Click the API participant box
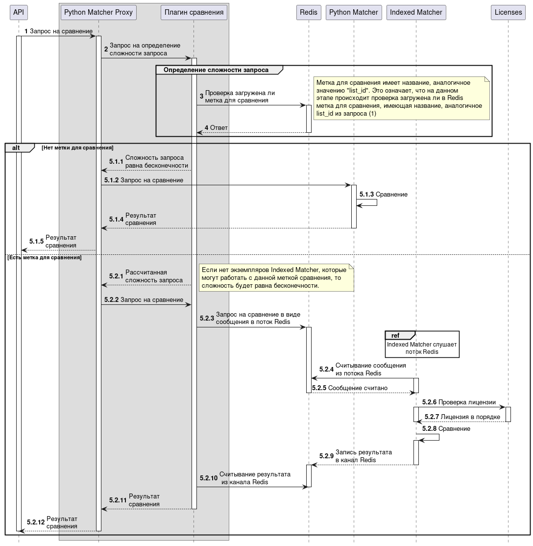19,12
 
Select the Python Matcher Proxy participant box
98,12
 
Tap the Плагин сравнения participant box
194,12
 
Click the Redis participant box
309,12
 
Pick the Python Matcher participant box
354,12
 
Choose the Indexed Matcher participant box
416,12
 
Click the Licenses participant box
508,12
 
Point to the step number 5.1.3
366,195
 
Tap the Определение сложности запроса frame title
216,70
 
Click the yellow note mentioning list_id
402,98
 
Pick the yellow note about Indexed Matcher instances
276,278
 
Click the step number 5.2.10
208,478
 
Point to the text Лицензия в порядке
470,417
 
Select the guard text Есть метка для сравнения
45,257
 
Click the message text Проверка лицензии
467,402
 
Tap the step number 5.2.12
36,522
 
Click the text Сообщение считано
358,388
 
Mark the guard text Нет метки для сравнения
77,148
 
